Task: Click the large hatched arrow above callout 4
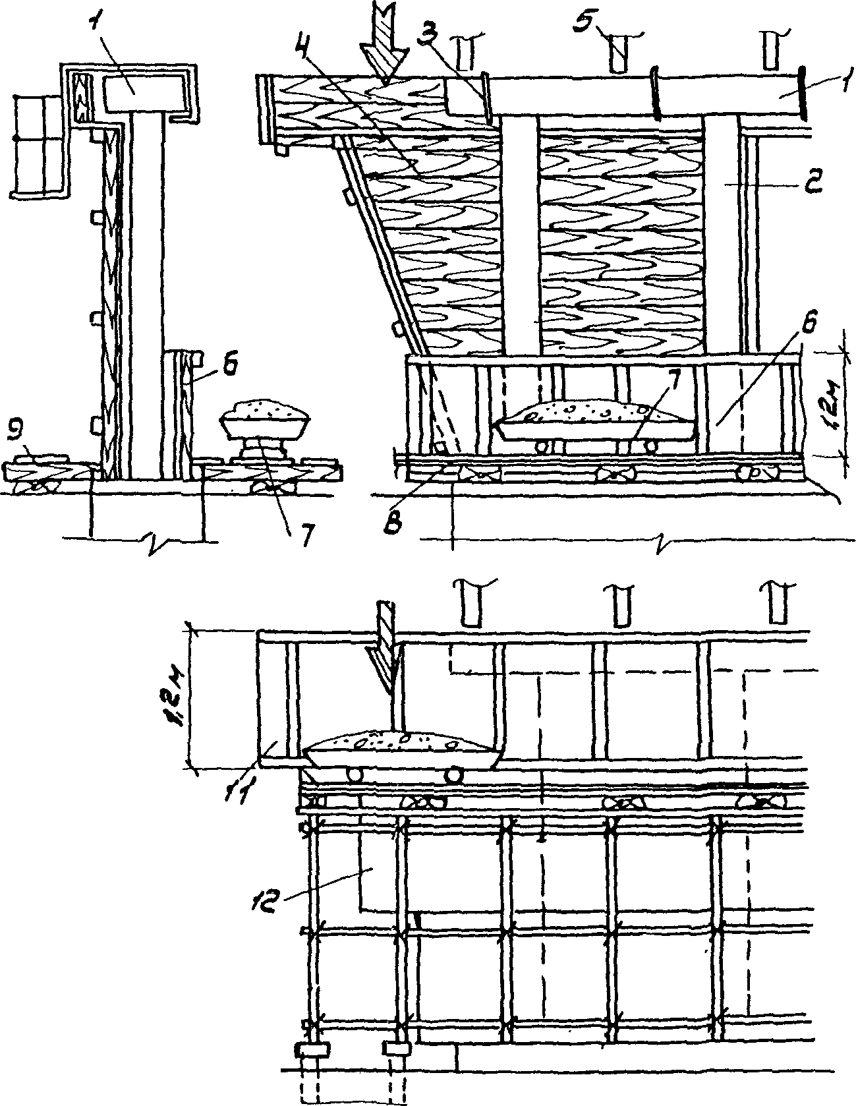pos(384,46)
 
